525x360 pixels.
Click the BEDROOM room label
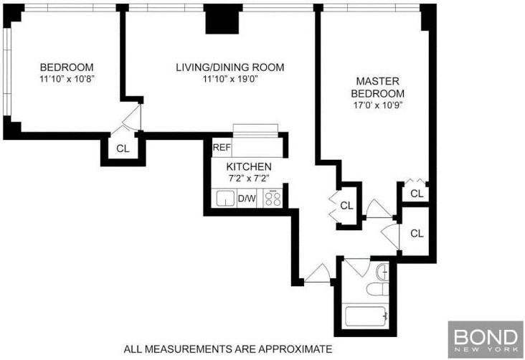pos(67,67)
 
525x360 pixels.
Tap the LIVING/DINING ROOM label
pos(230,67)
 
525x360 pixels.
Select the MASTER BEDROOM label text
pos(377,87)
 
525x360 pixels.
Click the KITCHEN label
pos(249,167)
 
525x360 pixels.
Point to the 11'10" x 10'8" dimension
pos(67,79)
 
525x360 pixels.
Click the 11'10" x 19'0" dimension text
pos(230,79)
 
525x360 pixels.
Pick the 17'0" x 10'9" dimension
pos(377,105)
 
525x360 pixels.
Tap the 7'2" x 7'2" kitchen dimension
pos(249,178)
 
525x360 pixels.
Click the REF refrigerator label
pos(222,147)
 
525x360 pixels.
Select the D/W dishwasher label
pos(247,199)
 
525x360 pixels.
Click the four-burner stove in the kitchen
pos(273,199)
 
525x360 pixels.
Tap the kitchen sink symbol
pos(225,199)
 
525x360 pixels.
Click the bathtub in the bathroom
pos(366,316)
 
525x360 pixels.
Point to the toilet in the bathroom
pos(378,289)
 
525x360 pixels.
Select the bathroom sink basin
pos(382,272)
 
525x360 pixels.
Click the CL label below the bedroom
pos(123,148)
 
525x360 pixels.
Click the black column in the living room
pos(224,19)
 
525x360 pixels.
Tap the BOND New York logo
pos(486,339)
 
